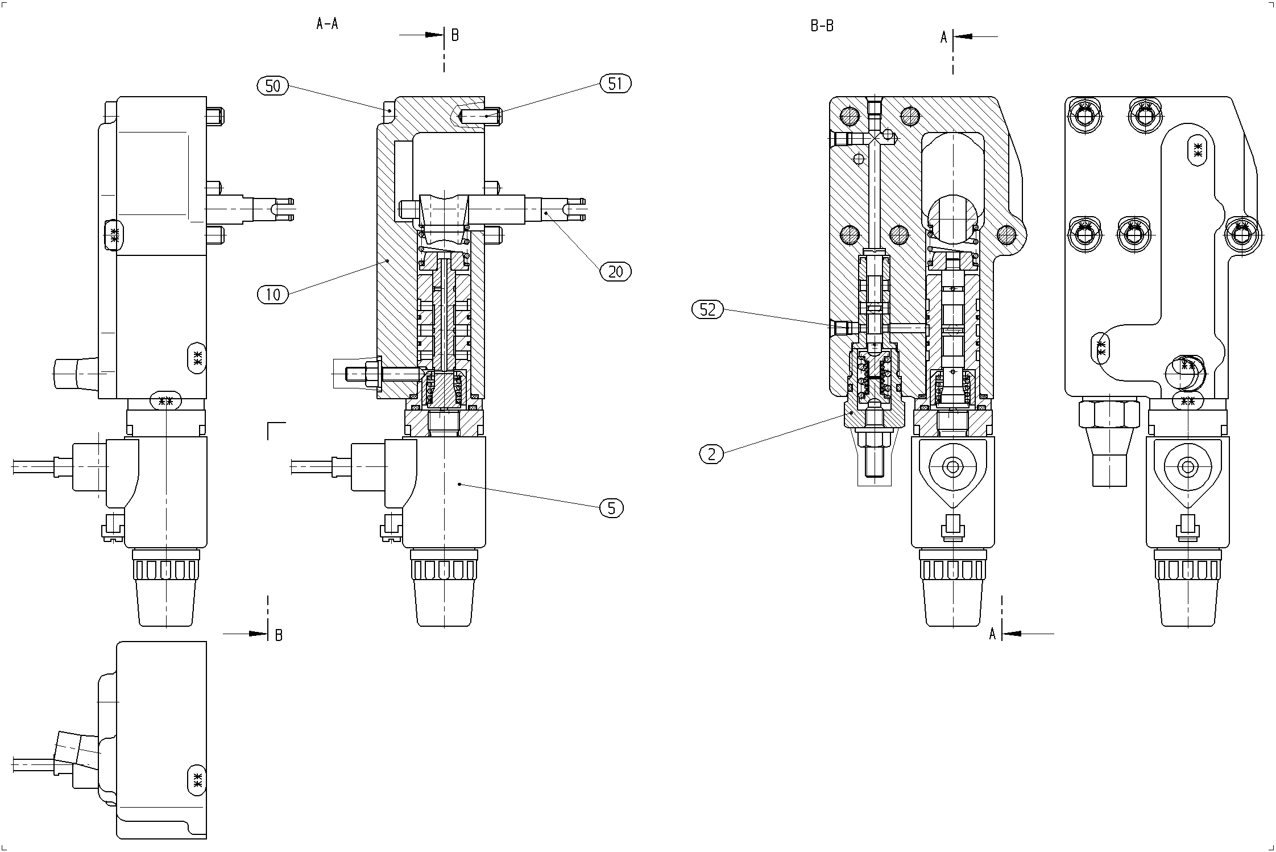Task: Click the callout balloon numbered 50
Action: point(273,86)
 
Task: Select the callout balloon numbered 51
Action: point(615,84)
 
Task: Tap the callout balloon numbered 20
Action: point(616,272)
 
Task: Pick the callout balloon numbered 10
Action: point(273,295)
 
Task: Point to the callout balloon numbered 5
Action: point(612,508)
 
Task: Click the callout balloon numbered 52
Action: point(707,309)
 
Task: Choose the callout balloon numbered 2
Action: point(711,454)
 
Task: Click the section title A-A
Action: point(327,24)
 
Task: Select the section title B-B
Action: point(822,26)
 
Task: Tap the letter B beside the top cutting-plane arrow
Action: point(455,35)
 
